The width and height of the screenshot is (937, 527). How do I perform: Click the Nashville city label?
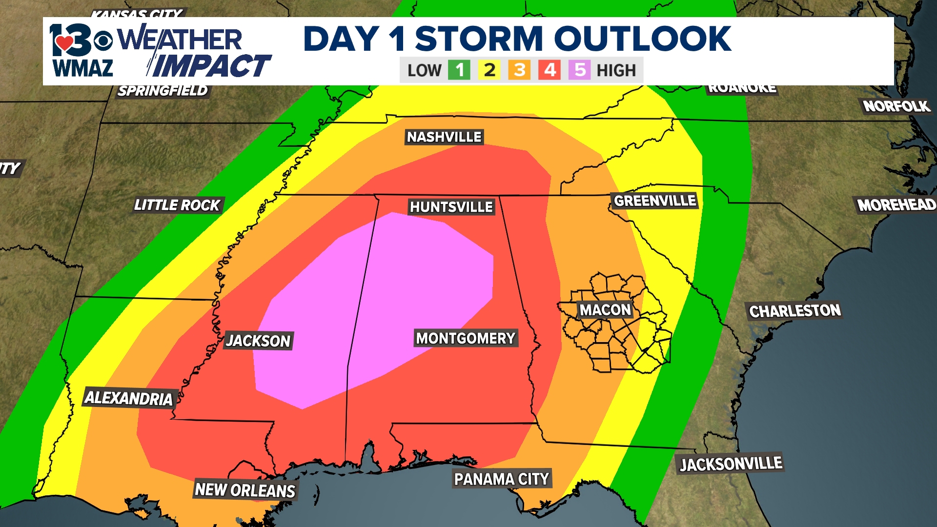click(444, 137)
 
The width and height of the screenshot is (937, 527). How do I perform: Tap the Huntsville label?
click(451, 207)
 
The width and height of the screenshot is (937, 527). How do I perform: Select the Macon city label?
click(605, 310)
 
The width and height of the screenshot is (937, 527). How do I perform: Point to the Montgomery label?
click(466, 338)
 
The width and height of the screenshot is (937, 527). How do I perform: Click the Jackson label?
click(258, 341)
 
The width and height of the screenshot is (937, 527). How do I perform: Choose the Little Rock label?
click(177, 205)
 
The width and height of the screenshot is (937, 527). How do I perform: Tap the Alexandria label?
click(129, 398)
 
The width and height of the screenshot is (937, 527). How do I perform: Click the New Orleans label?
click(245, 490)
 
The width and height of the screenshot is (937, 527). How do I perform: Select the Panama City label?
click(502, 479)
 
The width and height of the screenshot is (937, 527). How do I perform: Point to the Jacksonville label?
click(731, 464)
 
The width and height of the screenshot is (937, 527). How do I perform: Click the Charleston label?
click(795, 311)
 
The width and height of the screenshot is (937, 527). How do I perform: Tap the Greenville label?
click(655, 201)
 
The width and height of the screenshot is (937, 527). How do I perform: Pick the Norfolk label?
click(896, 106)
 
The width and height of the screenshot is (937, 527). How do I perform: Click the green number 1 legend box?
click(459, 70)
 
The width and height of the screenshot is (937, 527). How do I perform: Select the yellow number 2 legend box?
click(489, 70)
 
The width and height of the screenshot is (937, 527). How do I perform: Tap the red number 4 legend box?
click(550, 70)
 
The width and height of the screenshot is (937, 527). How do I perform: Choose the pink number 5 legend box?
click(580, 70)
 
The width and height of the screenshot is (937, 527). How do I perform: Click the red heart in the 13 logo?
click(64, 43)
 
